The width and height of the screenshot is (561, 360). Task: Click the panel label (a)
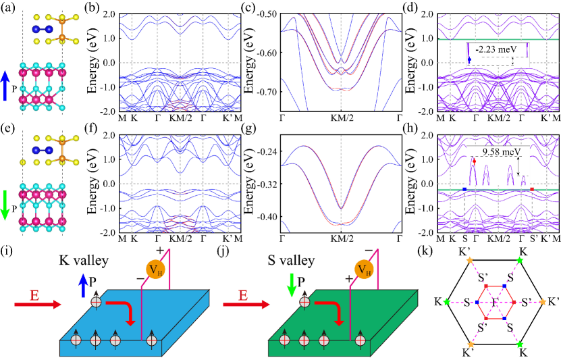(10, 7)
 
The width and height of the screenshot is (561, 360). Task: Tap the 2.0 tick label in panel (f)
(111, 135)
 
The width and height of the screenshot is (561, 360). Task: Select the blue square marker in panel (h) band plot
(464, 190)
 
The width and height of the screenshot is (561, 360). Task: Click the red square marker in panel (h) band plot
(532, 190)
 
